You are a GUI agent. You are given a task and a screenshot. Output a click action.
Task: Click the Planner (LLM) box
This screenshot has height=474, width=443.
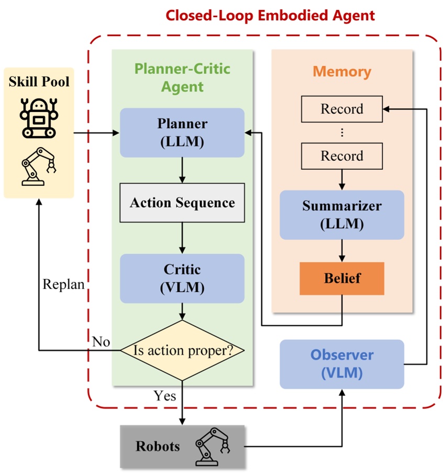coord(182,133)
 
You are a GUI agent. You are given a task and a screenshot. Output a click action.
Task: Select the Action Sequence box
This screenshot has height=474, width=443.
coord(182,203)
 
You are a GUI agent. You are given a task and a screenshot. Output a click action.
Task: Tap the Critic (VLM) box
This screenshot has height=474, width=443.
coord(182,278)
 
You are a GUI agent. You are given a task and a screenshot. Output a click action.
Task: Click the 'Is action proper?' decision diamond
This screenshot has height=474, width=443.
coord(182,350)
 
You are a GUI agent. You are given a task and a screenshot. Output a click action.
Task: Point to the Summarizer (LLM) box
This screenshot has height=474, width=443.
coord(342,214)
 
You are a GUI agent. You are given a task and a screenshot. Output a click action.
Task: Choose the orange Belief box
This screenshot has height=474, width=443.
coord(342,278)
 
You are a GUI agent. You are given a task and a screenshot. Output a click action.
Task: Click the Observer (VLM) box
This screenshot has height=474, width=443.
coord(342,364)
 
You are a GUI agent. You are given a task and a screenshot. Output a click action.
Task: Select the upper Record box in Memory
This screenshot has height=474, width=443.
coord(342,109)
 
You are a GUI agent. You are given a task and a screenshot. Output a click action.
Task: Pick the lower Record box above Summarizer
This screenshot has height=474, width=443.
coord(342,156)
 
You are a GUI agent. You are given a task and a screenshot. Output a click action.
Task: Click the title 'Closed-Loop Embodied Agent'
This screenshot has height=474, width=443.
coord(270,15)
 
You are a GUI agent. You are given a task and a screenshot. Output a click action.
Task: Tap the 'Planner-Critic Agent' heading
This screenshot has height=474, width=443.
coord(182,77)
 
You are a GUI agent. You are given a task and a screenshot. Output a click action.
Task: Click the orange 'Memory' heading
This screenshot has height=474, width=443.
coord(342,71)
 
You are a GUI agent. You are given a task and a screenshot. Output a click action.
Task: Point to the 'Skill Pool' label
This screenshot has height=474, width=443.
coord(39,82)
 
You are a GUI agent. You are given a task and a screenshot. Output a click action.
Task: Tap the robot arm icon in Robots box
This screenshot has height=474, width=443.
coord(212,446)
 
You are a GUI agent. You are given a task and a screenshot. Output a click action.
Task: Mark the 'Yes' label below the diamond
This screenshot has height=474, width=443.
coord(164,394)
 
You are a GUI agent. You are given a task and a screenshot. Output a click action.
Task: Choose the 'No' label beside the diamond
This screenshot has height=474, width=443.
coord(101,341)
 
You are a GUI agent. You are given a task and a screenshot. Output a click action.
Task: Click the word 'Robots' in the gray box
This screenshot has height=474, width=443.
coord(158,447)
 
